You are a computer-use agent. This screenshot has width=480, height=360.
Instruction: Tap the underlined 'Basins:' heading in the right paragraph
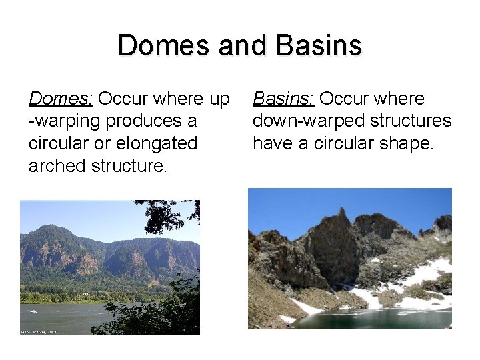pyautogui.click(x=283, y=99)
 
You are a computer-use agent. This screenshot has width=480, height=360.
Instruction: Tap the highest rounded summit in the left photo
pyautogui.click(x=52, y=229)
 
